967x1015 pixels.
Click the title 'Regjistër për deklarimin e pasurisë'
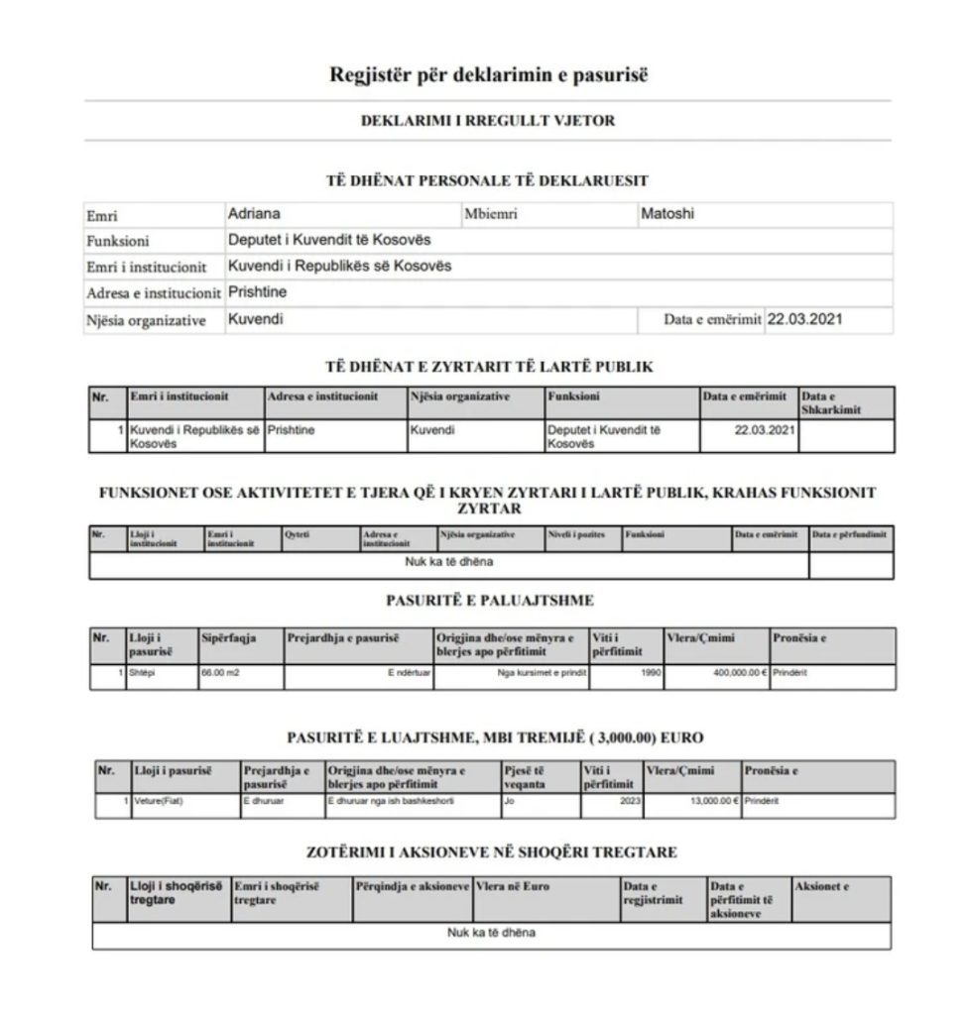(488, 75)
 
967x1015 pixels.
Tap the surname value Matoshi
(667, 214)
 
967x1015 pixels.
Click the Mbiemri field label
(491, 215)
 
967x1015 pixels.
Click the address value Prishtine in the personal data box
(257, 293)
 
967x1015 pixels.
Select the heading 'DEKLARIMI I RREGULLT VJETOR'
(487, 121)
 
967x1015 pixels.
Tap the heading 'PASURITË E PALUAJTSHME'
(489, 601)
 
